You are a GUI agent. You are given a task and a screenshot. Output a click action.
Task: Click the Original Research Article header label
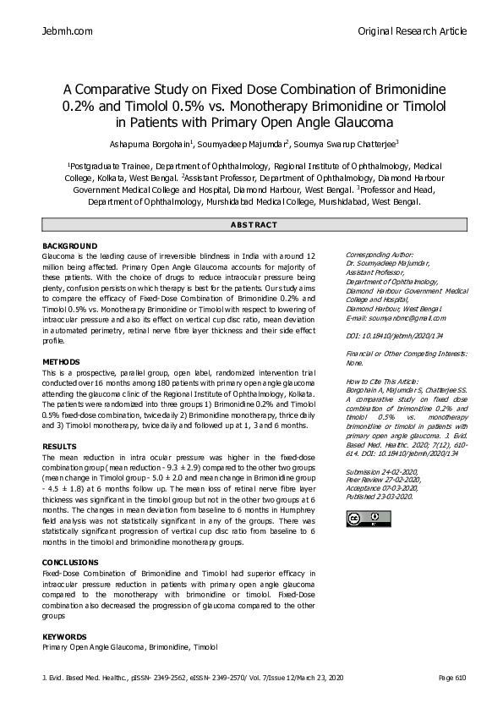click(413, 31)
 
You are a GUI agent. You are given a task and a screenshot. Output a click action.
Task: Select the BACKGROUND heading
click(70, 245)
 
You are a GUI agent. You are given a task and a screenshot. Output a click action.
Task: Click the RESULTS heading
click(60, 446)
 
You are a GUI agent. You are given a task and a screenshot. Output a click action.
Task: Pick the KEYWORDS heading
click(65, 635)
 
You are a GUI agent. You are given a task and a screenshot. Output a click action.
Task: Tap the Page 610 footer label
click(452, 679)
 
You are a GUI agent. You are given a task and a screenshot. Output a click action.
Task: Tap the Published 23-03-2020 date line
click(380, 497)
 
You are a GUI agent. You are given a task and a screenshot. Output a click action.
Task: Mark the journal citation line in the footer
click(194, 679)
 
